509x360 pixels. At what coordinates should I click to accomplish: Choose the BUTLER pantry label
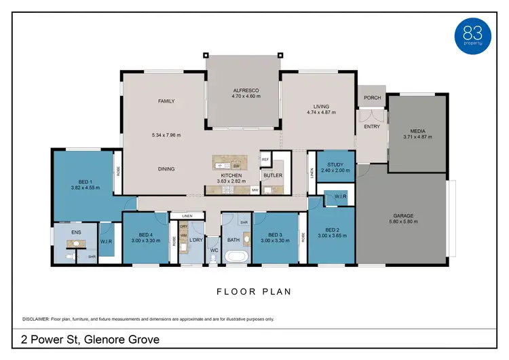(273, 175)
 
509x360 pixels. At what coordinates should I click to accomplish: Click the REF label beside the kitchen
(265, 160)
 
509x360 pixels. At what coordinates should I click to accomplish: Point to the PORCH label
(372, 98)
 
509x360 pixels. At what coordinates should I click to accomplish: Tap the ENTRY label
(372, 126)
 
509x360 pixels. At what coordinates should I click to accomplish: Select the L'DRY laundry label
(196, 240)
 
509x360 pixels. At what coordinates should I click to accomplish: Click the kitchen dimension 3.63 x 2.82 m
(231, 181)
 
